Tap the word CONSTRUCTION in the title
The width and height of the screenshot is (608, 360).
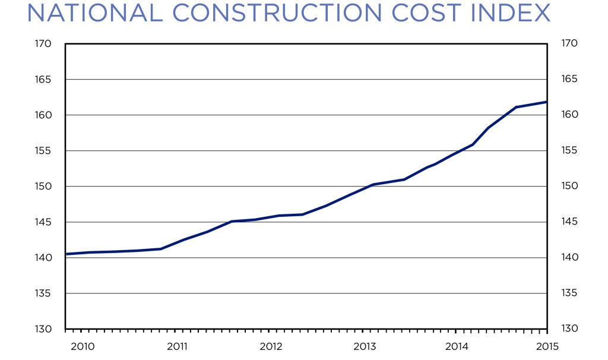pos(283,13)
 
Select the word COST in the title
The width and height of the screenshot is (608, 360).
pos(432,13)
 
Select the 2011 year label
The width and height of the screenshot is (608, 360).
pos(178,346)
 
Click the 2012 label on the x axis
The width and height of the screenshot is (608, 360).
pos(270,346)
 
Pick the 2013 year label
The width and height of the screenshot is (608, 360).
pos(363,346)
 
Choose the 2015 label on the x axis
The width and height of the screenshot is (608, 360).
pos(546,346)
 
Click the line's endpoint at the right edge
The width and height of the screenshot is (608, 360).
pos(546,102)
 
